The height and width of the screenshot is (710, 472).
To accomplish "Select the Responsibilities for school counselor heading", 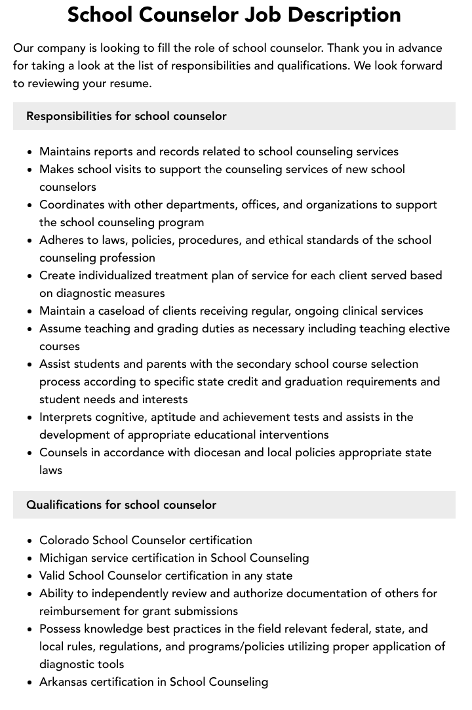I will pyautogui.click(x=127, y=116).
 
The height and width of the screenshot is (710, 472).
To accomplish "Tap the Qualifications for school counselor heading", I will pyautogui.click(x=121, y=505).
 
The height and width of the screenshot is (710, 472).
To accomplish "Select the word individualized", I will pyautogui.click(x=107, y=275).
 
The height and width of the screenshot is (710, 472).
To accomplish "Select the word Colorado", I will pyautogui.click(x=64, y=540).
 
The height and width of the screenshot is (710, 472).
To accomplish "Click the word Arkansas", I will pyautogui.click(x=64, y=682).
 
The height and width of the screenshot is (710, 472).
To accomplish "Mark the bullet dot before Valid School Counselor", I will pyautogui.click(x=30, y=576).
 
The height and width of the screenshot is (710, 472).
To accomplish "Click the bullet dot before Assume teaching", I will pyautogui.click(x=30, y=329).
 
